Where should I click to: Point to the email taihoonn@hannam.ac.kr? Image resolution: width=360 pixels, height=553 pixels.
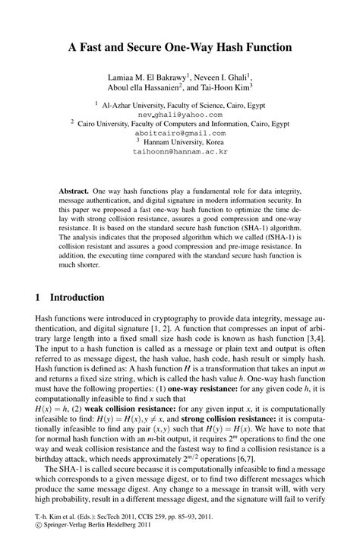coord(180,152)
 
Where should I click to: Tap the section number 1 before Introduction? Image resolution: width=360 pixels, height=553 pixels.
coord(38,297)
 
